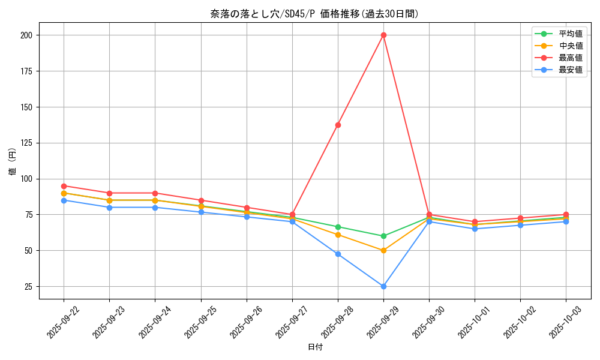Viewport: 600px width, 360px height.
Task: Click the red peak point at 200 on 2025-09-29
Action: [x=383, y=35]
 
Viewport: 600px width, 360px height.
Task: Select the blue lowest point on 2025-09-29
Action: [x=383, y=286]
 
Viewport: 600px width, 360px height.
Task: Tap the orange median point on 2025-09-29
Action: [x=383, y=250]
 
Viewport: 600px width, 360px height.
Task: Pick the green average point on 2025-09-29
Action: [x=383, y=236]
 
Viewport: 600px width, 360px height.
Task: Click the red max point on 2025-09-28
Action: [x=338, y=125]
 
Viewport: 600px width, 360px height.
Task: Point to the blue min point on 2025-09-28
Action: [x=338, y=254]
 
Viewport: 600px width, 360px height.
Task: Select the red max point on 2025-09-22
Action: [x=64, y=186]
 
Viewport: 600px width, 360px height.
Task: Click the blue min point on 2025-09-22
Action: [x=64, y=200]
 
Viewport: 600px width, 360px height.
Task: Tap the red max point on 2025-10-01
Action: [x=475, y=222]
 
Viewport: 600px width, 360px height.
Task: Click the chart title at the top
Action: [x=314, y=14]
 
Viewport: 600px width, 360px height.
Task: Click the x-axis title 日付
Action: [x=315, y=347]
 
